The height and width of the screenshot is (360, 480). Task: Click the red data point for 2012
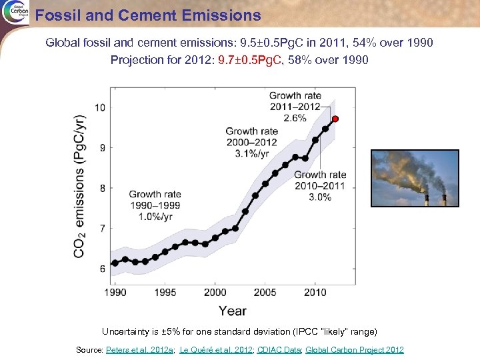(x=335, y=119)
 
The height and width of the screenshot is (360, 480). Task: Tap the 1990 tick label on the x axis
(x=115, y=292)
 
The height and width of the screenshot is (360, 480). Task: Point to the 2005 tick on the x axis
(x=265, y=292)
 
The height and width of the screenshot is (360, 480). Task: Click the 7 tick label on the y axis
(x=101, y=229)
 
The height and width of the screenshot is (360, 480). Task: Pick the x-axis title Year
(x=233, y=311)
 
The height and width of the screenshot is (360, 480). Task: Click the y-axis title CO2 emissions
(x=79, y=186)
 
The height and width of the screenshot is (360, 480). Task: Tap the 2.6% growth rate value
(x=295, y=118)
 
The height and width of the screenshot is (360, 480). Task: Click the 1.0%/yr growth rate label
(x=155, y=216)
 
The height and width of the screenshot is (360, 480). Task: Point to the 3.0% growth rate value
(x=320, y=197)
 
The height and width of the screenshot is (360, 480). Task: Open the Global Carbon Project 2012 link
(x=355, y=350)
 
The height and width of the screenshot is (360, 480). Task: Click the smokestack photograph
(x=415, y=178)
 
